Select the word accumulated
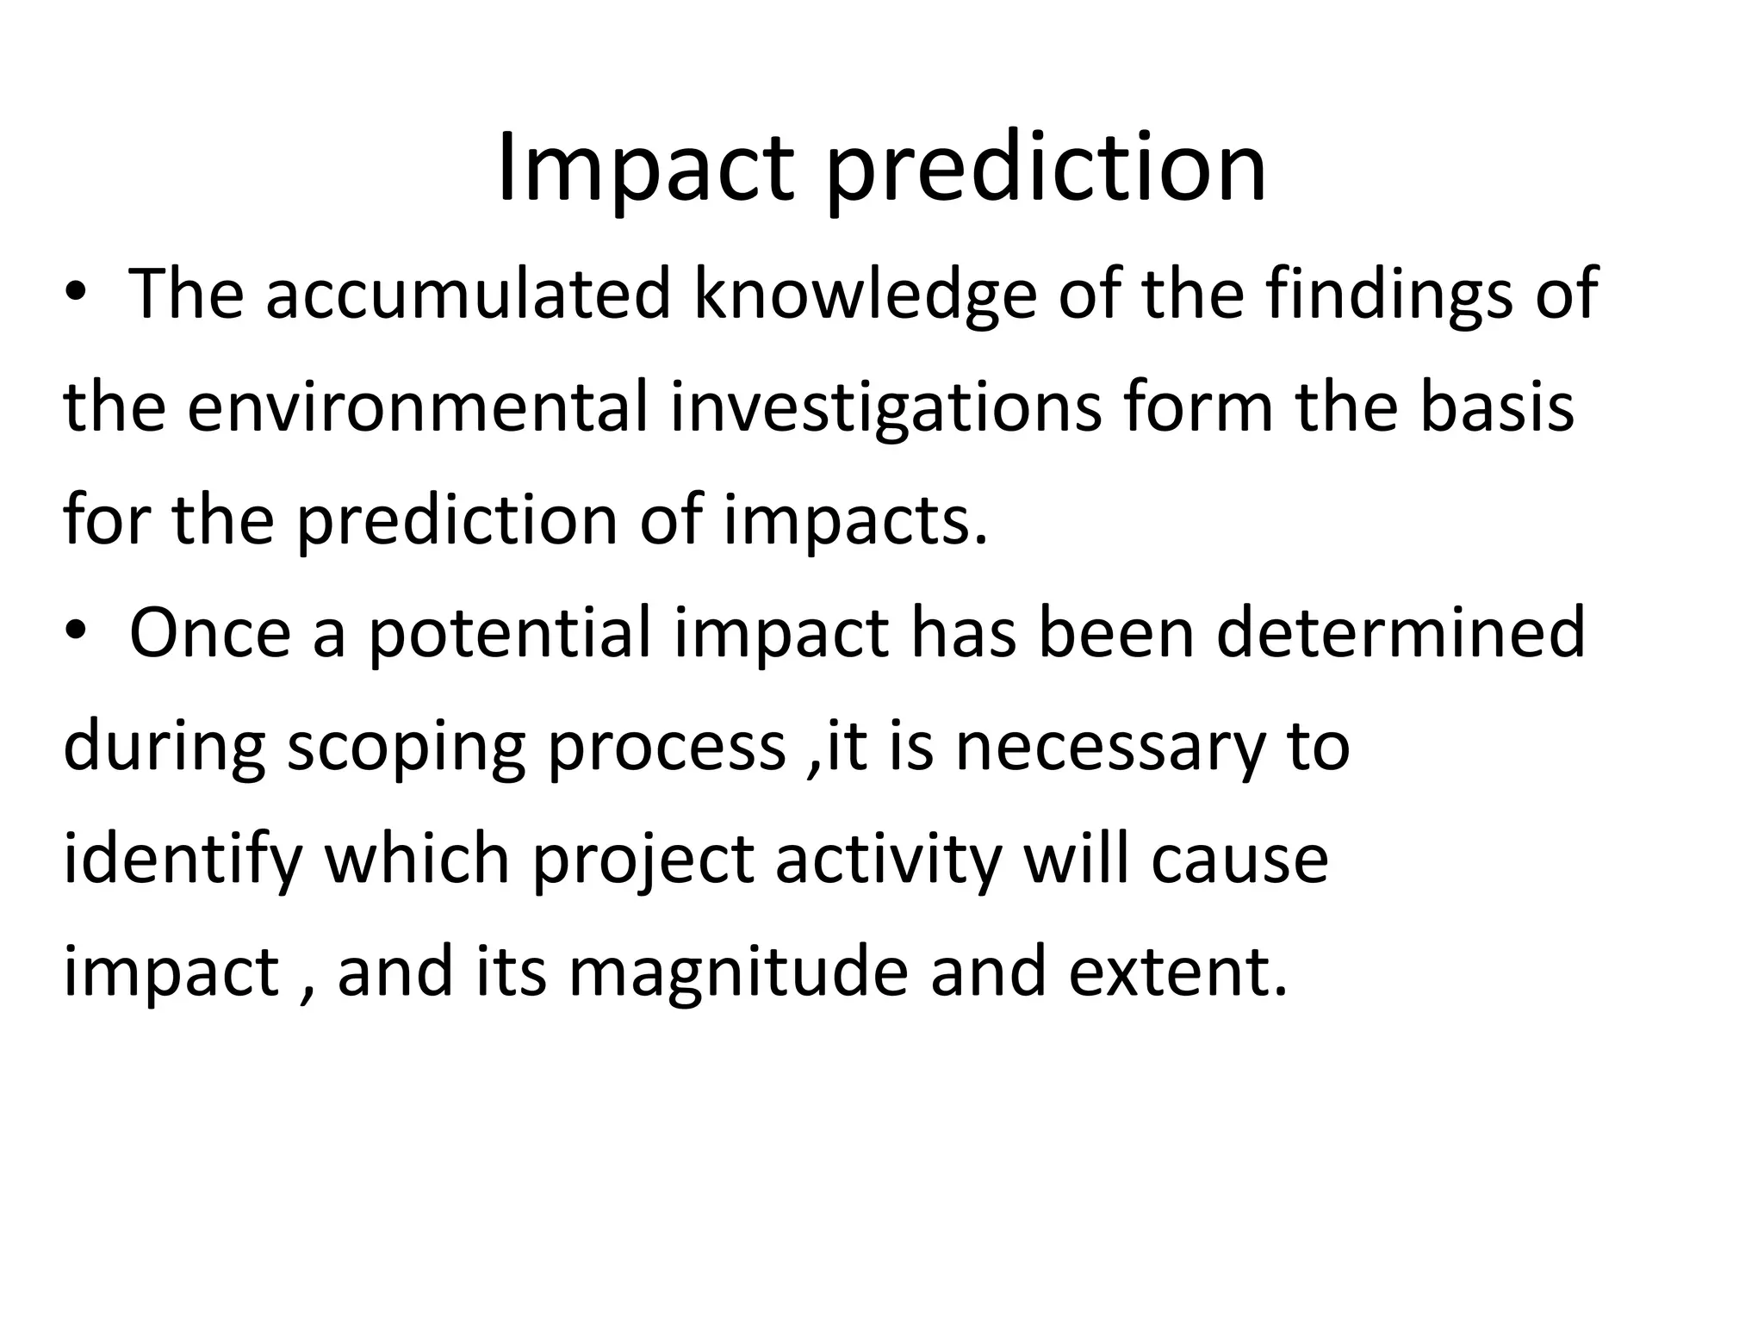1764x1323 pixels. [468, 295]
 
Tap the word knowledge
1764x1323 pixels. [864, 295]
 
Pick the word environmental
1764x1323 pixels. [417, 407]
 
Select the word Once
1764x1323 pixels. [210, 633]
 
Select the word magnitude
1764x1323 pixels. [738, 972]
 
